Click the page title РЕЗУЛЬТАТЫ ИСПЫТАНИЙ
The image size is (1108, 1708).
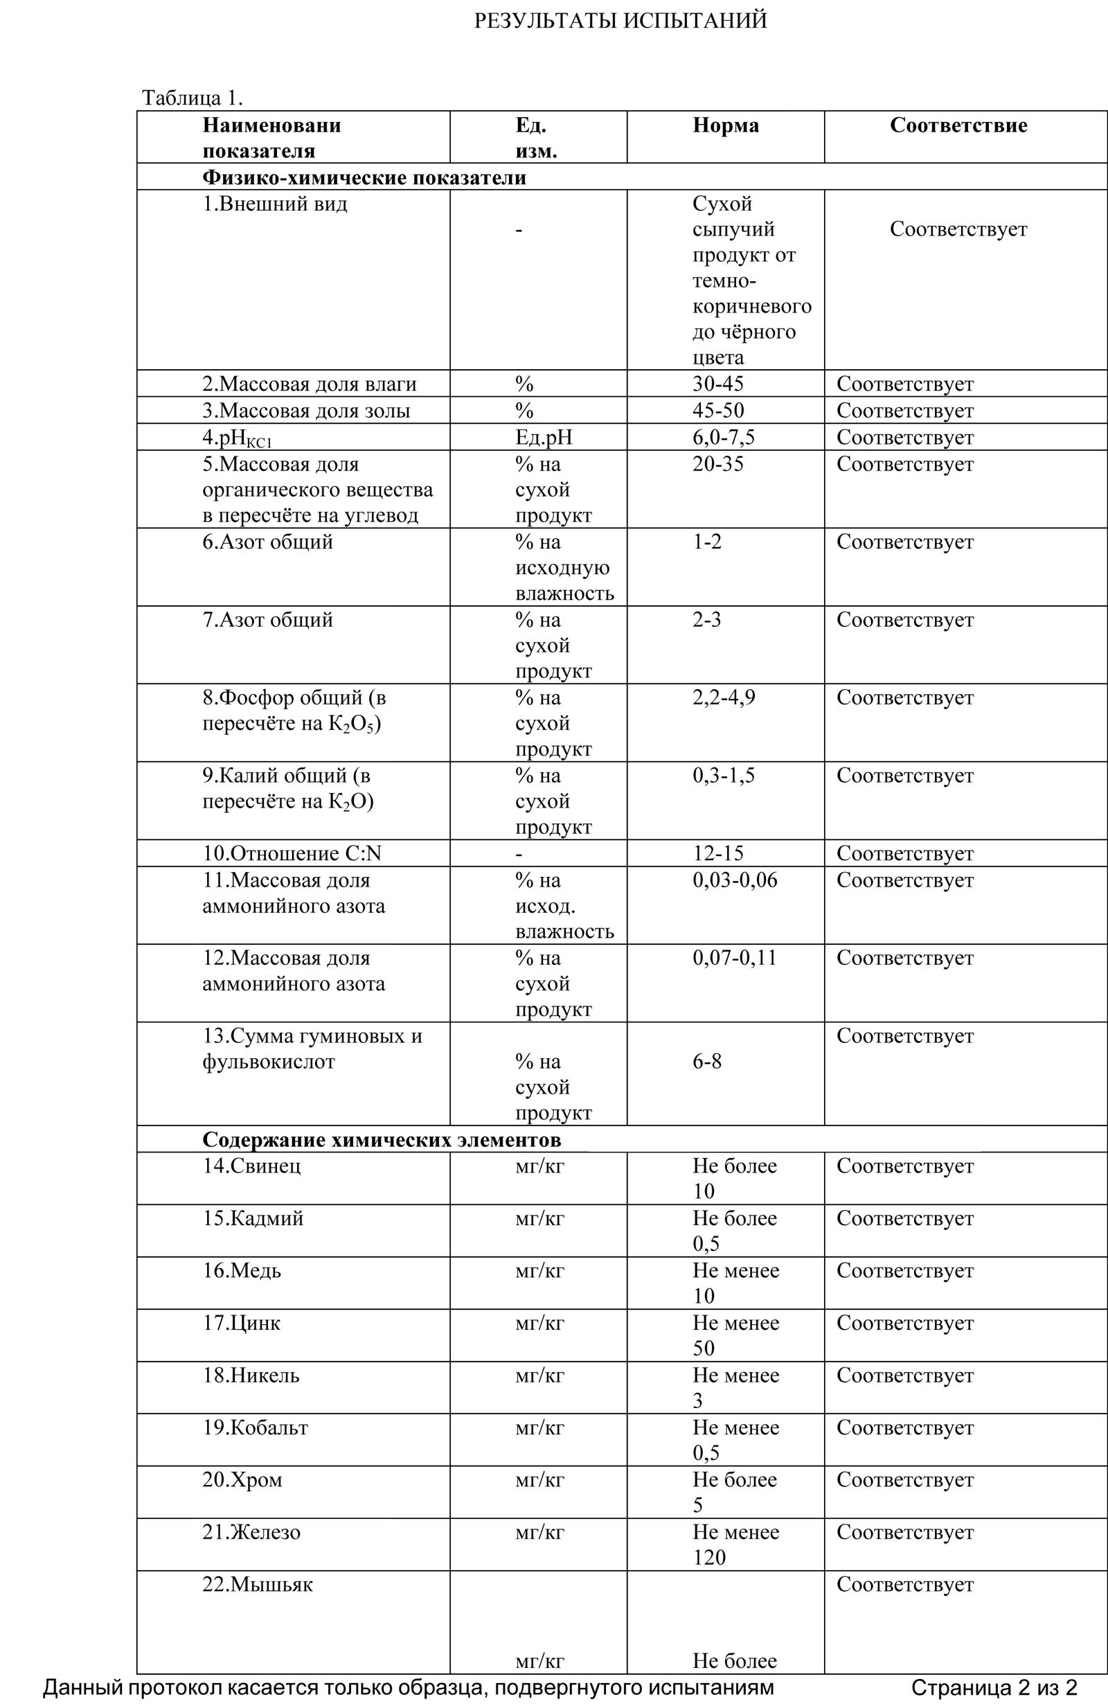click(x=620, y=21)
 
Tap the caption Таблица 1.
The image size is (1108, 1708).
click(x=193, y=98)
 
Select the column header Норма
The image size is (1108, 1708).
click(x=725, y=125)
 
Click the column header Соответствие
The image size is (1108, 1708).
click(x=958, y=125)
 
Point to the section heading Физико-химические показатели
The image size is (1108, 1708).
click(x=364, y=177)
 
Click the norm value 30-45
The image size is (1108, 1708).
click(x=717, y=384)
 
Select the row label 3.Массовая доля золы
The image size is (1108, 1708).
click(x=305, y=411)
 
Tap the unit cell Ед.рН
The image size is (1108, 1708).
click(x=543, y=437)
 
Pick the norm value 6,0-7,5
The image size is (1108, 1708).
click(x=724, y=437)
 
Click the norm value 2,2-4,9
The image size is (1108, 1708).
click(x=724, y=697)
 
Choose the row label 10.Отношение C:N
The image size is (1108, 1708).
click(x=292, y=853)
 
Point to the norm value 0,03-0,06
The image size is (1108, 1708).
click(x=734, y=880)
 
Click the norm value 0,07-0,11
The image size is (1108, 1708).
click(x=734, y=958)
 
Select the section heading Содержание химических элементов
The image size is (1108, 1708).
click(x=381, y=1139)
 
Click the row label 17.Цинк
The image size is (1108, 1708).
click(x=241, y=1324)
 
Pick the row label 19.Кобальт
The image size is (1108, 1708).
click(x=255, y=1427)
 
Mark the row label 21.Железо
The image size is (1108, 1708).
click(x=251, y=1532)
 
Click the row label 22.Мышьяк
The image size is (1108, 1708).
click(x=257, y=1585)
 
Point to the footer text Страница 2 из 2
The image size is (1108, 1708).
click(x=994, y=1687)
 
